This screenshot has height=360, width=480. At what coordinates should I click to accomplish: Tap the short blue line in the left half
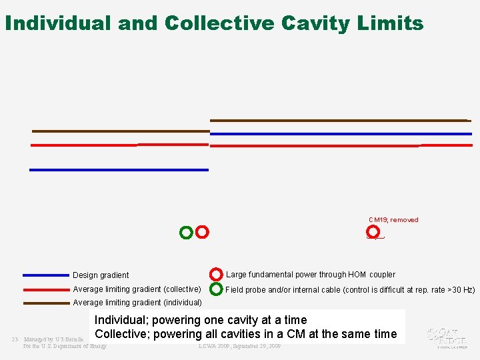pos(119,170)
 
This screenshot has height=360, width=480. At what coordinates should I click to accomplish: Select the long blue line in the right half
pos(340,134)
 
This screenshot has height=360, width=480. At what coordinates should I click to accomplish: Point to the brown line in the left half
pos(120,131)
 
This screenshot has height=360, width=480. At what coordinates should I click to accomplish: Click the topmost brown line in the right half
pos(339,120)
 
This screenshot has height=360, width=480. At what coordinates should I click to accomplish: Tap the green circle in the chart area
pos(186,233)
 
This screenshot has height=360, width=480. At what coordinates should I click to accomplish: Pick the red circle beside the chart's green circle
pos(202,232)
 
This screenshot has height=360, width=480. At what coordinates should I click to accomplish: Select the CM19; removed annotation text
pos(393,220)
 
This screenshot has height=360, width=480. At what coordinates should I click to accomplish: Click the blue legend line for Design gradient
pos(45,275)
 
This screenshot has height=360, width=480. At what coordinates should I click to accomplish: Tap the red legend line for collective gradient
pos(45,289)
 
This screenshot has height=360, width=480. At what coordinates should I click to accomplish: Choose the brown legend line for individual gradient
pos(45,303)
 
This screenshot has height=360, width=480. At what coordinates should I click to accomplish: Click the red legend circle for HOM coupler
pos(216,275)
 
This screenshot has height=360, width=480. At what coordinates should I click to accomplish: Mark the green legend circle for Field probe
pos(216,289)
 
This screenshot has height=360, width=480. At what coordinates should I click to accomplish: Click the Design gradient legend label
pos(101,275)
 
